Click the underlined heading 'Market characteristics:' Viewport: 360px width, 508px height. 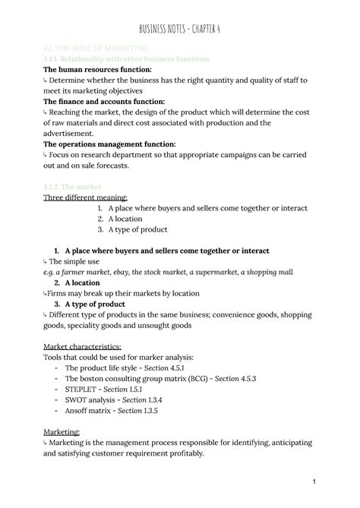[83, 346]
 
